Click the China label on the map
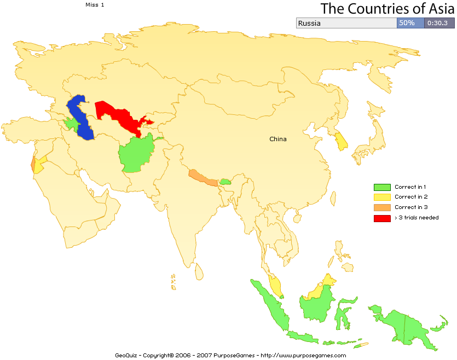point(277,139)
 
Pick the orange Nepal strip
point(202,177)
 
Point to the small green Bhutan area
point(224,181)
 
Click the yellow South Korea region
point(342,142)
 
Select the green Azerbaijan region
point(71,124)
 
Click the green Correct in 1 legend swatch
point(382,187)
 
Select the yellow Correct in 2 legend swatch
point(382,197)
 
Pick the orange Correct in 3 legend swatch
point(382,207)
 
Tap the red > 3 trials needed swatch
point(382,218)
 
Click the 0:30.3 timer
point(437,23)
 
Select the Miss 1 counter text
point(95,4)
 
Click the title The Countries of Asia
point(387,9)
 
